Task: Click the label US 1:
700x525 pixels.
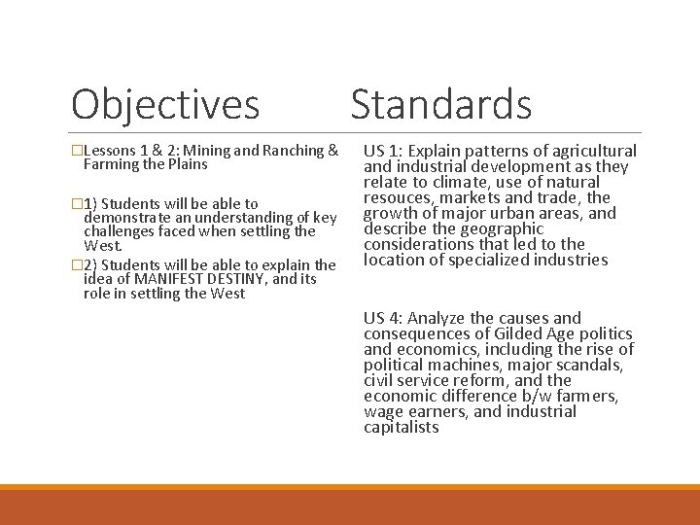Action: tap(384, 151)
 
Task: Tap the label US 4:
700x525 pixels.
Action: tap(384, 318)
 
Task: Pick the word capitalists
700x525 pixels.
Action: tap(401, 427)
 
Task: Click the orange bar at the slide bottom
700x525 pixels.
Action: tap(350, 506)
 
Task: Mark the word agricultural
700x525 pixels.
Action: tap(591, 151)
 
